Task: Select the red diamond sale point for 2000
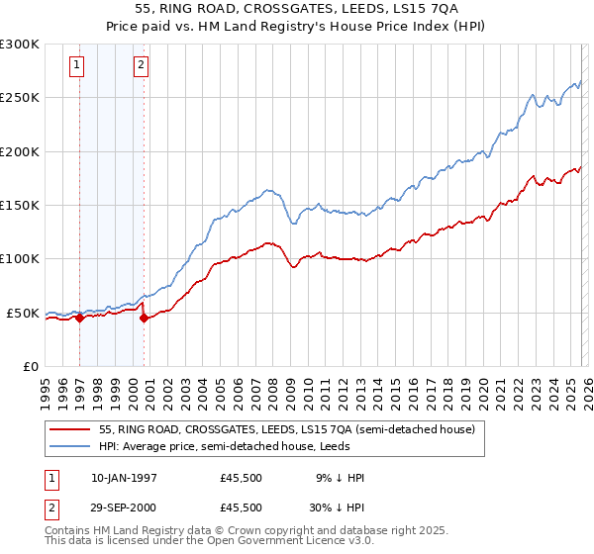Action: [x=145, y=318]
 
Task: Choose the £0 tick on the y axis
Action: [x=30, y=366]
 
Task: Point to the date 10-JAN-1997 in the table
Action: [x=124, y=478]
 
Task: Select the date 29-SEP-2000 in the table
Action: [x=124, y=507]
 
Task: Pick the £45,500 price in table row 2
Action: [x=241, y=507]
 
